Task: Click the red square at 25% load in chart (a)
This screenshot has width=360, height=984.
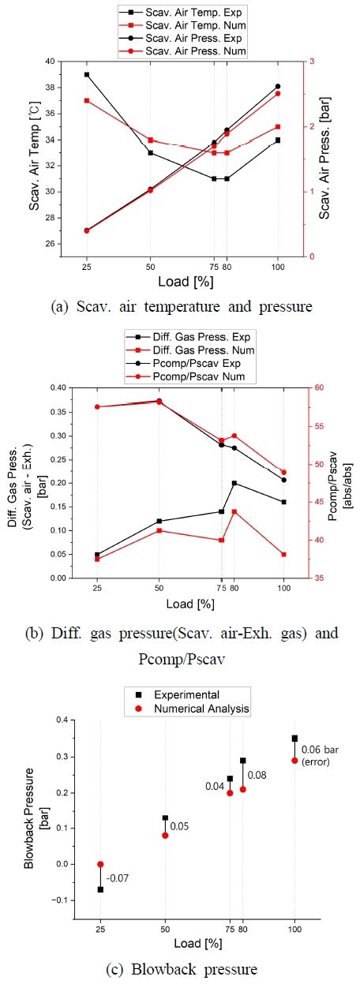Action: coord(86,101)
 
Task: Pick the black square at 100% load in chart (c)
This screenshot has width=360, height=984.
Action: coord(294,739)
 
